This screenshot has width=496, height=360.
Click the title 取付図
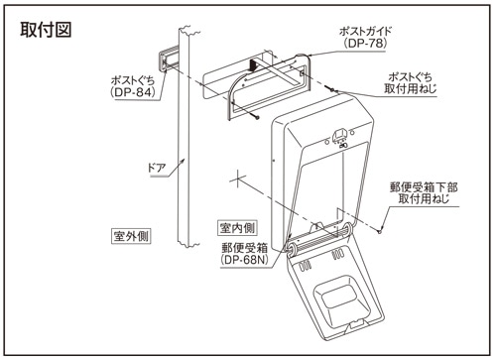tap(46, 30)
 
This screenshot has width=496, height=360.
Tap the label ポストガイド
tap(365, 32)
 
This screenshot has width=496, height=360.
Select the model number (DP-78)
tap(365, 43)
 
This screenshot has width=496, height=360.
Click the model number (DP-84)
tap(133, 92)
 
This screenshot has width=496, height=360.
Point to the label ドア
tap(157, 168)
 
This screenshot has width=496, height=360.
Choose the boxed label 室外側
tap(131, 236)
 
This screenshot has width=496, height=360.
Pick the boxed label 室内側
tap(237, 228)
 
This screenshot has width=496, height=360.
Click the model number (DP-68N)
tap(244, 260)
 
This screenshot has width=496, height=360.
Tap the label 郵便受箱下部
tap(424, 187)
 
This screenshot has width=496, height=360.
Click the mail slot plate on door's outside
tap(168, 61)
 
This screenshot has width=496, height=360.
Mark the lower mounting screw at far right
tap(380, 231)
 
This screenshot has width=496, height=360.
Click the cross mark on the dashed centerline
tap(237, 179)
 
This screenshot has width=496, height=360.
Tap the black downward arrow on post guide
tap(253, 64)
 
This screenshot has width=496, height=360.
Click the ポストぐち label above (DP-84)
tap(133, 80)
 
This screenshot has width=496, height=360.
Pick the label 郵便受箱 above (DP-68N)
tap(244, 248)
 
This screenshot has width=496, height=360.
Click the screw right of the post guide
tap(331, 89)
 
